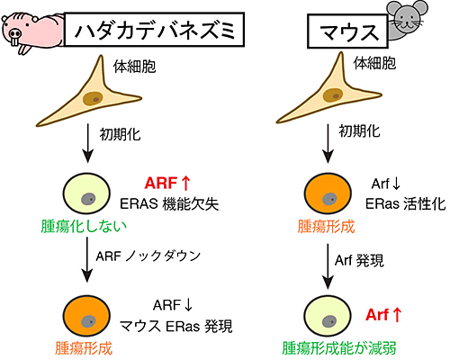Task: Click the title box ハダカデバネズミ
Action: [x=155, y=30]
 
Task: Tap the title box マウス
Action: [x=347, y=31]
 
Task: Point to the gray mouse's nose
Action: [x=408, y=22]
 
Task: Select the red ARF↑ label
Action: [x=167, y=183]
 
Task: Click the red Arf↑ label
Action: [x=383, y=315]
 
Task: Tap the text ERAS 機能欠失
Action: [x=169, y=204]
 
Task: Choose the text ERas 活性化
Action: [x=405, y=204]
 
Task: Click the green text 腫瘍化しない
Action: [x=84, y=226]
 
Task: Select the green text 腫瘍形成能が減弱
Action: [x=339, y=348]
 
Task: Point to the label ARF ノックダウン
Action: [x=148, y=256]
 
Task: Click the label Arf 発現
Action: [x=359, y=260]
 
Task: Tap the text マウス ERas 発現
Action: [x=176, y=327]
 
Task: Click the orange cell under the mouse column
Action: [x=328, y=193]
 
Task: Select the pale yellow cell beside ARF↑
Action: [x=86, y=193]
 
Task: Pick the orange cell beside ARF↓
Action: [x=86, y=316]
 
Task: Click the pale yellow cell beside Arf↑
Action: [x=328, y=316]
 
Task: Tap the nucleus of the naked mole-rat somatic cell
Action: [x=94, y=98]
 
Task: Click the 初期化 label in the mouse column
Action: [x=359, y=131]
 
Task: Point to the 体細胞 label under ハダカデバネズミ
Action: [x=134, y=67]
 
